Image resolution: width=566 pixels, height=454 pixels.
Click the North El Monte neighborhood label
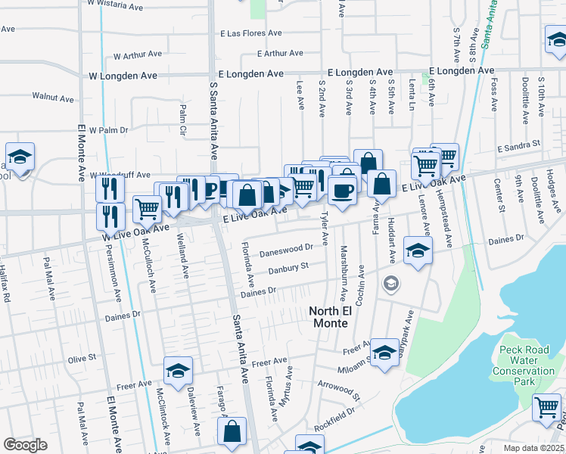pos(329,317)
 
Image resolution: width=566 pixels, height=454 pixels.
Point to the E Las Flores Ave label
pos(251,33)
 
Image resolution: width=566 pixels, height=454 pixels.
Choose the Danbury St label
pos(285,266)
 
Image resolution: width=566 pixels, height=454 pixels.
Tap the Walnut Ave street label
pos(53,98)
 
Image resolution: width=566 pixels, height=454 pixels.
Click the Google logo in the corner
pos(25,445)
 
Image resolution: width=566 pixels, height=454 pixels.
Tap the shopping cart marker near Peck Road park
pos(546,407)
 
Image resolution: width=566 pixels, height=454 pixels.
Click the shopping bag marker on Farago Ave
pos(232,431)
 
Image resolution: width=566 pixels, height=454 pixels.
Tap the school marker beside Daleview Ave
pos(178,370)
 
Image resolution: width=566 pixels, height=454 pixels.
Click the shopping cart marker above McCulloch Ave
pos(147,208)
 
